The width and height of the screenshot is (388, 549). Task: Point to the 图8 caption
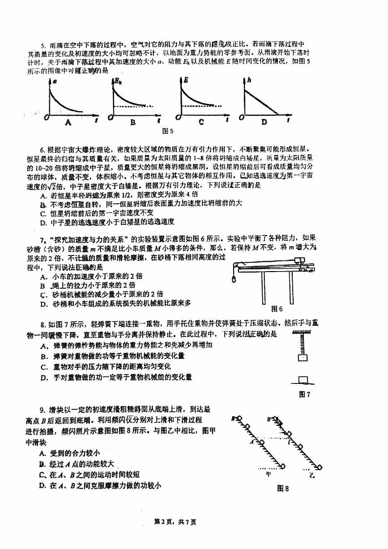[283, 487]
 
